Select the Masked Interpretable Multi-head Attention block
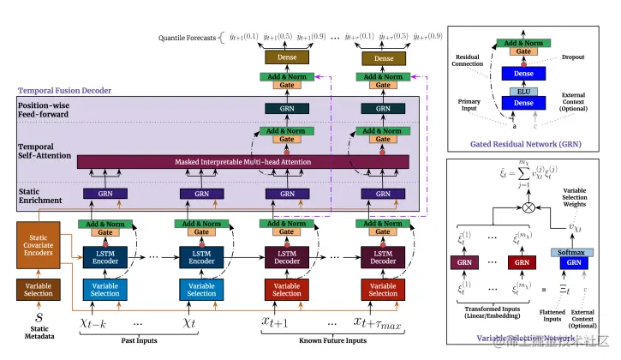(243, 161)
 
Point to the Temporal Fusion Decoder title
(65, 90)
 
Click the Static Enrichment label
(41, 195)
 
